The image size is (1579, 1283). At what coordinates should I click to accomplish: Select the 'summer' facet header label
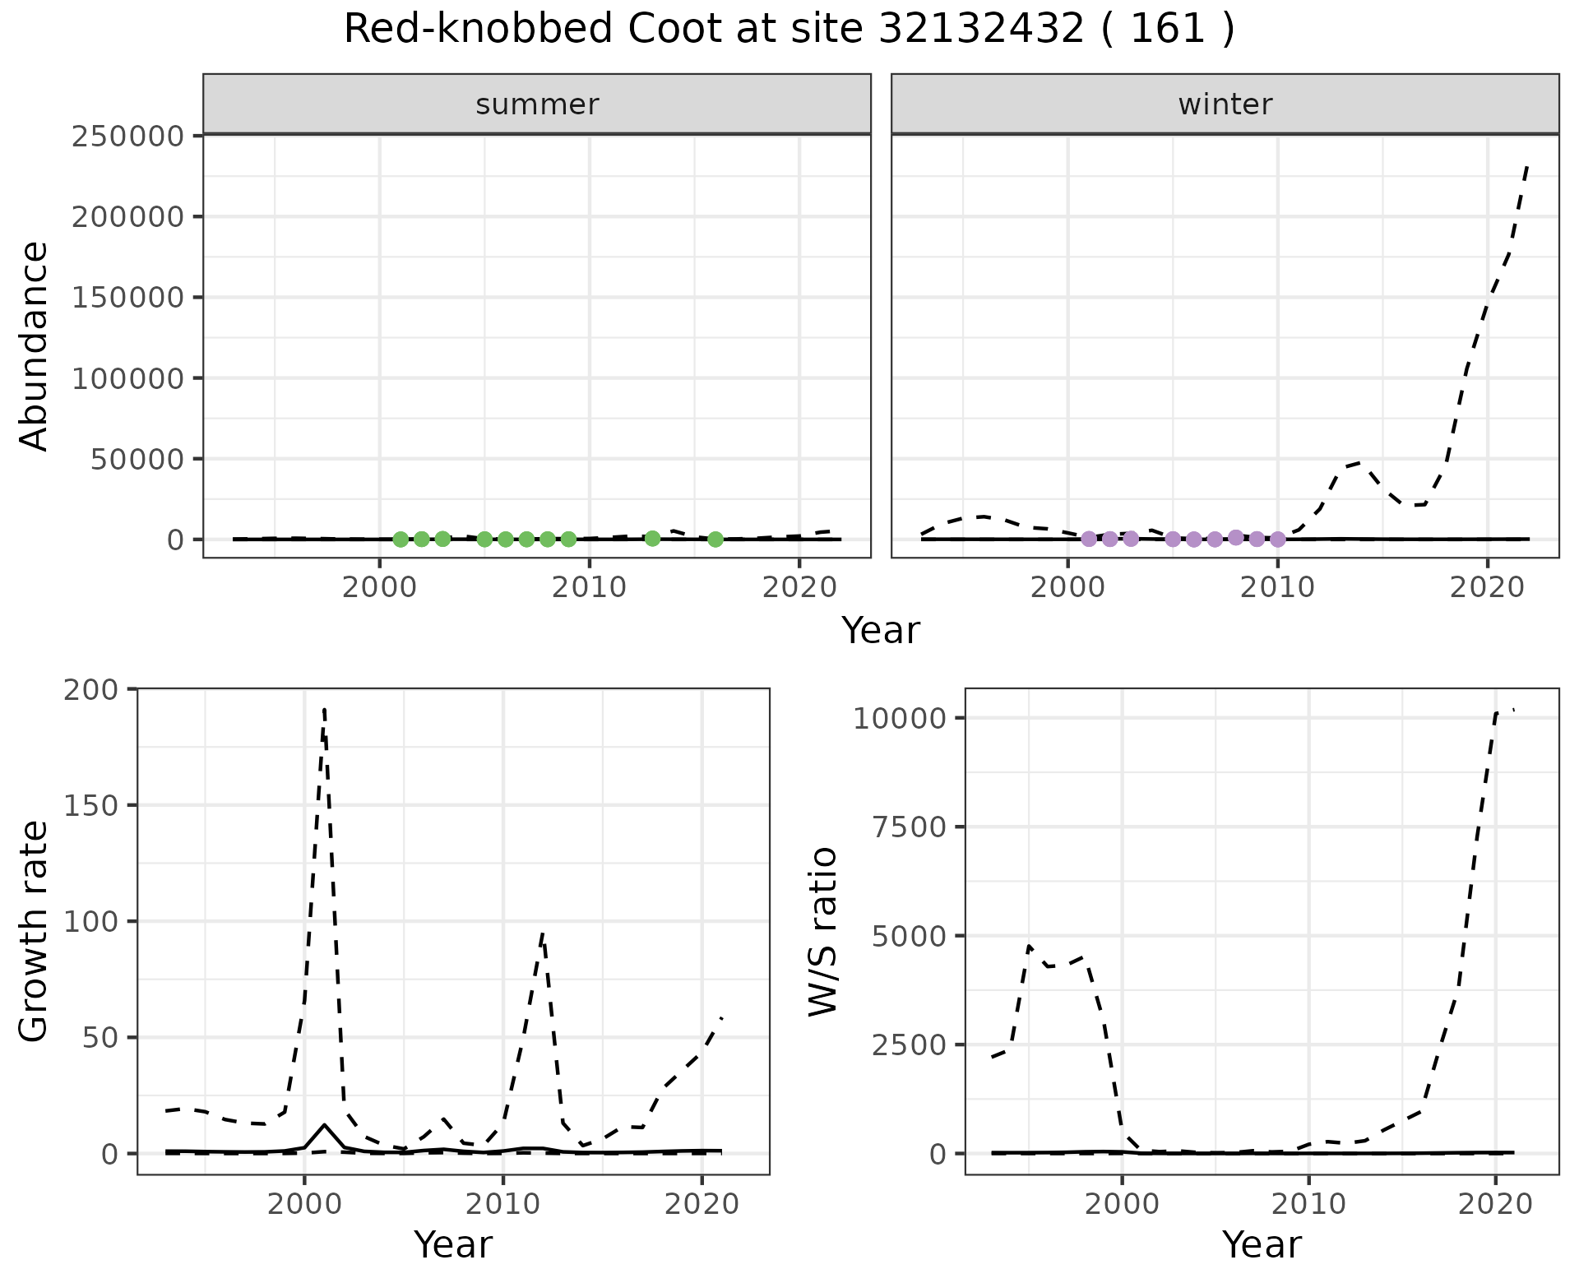537,104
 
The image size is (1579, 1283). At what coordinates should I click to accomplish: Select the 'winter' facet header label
1225,104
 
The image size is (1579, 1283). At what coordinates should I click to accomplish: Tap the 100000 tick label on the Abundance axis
127,378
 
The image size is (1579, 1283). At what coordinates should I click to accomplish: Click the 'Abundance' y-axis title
35,345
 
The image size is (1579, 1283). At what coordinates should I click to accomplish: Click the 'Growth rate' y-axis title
35,931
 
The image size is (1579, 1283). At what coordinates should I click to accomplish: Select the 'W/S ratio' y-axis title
822,931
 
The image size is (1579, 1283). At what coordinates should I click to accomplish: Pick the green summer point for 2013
652,539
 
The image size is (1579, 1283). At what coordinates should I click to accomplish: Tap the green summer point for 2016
715,540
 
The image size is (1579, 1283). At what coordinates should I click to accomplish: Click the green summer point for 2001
401,540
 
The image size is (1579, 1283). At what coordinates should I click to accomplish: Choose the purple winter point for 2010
1277,540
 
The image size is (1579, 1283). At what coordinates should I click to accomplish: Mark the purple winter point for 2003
1131,539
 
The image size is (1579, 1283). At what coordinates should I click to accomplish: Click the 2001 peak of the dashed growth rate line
325,709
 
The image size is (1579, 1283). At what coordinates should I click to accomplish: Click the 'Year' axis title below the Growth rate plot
453,1245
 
